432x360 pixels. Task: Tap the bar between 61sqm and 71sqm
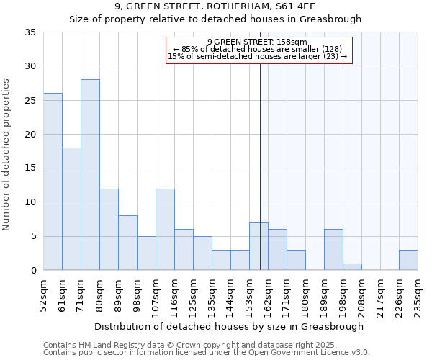click(71, 209)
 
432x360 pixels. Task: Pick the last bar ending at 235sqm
click(408, 260)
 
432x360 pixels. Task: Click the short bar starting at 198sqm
click(352, 266)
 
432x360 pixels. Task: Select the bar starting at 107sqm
click(165, 230)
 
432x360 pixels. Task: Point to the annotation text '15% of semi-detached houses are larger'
click(252, 56)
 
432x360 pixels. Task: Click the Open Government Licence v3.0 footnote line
click(207, 353)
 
